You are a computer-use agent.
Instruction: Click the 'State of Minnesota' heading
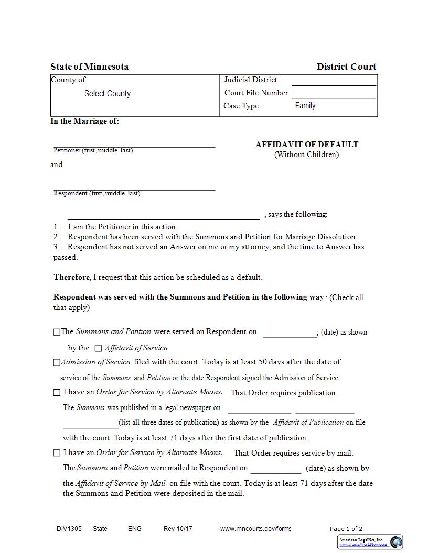coord(89,67)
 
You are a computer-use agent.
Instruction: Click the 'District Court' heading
coord(346,67)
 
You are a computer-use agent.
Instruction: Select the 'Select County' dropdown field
coord(108,94)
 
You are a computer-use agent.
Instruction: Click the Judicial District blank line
coord(334,81)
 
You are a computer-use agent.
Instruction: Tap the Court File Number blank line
coord(334,94)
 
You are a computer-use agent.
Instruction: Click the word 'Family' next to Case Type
coord(305,106)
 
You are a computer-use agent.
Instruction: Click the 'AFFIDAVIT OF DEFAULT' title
coord(307,145)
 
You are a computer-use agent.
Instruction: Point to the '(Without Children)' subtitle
coord(306,154)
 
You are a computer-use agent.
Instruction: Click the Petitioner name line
coord(134,144)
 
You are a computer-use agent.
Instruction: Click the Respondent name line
coord(134,187)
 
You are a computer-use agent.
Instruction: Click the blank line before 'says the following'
coord(163,215)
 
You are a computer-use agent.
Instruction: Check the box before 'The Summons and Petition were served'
coord(57,332)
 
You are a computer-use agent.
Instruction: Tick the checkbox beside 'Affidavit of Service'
coord(98,348)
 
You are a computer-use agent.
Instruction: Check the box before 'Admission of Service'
coord(57,362)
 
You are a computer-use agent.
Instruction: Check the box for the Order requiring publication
coord(57,393)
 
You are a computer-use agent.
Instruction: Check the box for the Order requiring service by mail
coord(57,453)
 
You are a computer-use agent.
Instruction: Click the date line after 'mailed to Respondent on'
coord(275,469)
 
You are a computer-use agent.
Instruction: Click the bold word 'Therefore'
coord(72,277)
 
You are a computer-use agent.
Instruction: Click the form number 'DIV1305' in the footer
coord(69,529)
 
